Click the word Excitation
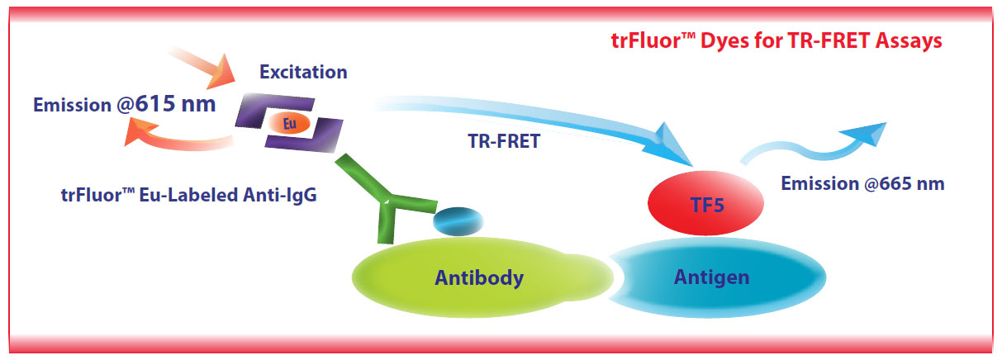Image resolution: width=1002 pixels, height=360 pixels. pyautogui.click(x=303, y=72)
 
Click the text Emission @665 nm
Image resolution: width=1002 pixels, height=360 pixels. pyautogui.click(x=862, y=184)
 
